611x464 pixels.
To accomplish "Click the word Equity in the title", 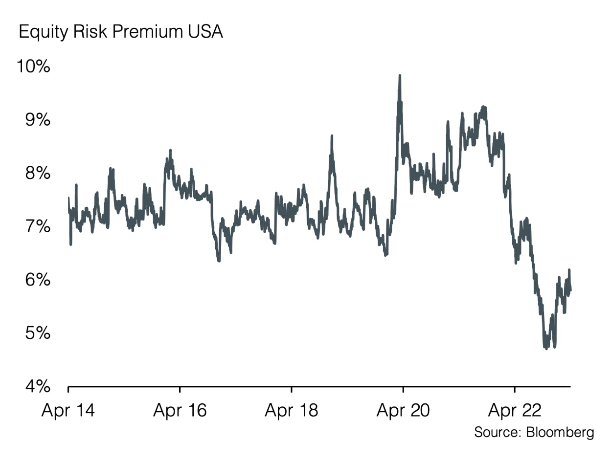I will [x=41, y=32].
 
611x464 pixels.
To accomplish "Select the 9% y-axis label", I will [x=37, y=120].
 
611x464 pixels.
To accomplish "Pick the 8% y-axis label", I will [x=37, y=173].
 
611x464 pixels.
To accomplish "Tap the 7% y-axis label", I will [x=37, y=226].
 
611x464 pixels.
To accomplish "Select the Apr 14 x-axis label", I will [x=68, y=410].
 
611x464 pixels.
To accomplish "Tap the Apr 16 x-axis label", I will [x=180, y=410].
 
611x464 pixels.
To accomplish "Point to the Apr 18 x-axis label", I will [x=291, y=410].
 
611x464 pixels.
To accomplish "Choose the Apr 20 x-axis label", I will [x=403, y=410].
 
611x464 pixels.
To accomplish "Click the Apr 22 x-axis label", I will [x=515, y=410].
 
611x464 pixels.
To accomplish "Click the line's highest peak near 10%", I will [x=400, y=76].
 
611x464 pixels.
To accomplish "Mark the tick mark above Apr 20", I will [x=403, y=389].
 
